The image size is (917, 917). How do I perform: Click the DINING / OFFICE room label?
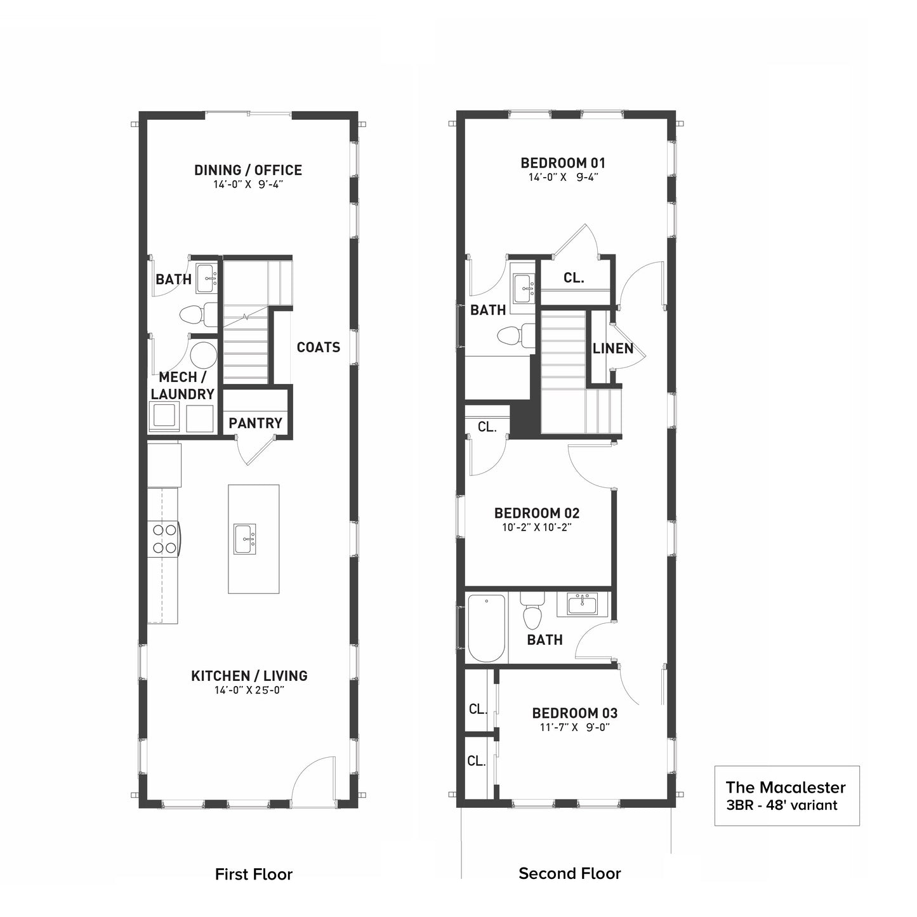coord(248,170)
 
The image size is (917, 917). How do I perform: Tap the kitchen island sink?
coord(244,539)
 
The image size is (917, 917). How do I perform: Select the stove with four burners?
coord(164,539)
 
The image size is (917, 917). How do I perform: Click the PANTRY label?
coord(256,423)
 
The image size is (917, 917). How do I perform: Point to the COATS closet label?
coord(319,347)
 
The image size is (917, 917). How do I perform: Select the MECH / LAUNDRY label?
coord(182,385)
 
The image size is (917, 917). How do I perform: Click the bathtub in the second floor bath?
coord(486,628)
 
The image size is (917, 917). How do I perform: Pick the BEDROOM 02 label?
coord(537,513)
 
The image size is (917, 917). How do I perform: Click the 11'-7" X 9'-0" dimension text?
coord(575,728)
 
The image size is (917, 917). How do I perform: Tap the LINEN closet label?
coord(613,349)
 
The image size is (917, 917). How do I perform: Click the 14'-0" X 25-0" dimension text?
coord(249,690)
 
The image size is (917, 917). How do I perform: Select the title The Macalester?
coord(786,788)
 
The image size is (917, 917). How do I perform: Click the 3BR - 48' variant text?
coord(781,805)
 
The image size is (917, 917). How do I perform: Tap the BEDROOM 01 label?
coord(563,163)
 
